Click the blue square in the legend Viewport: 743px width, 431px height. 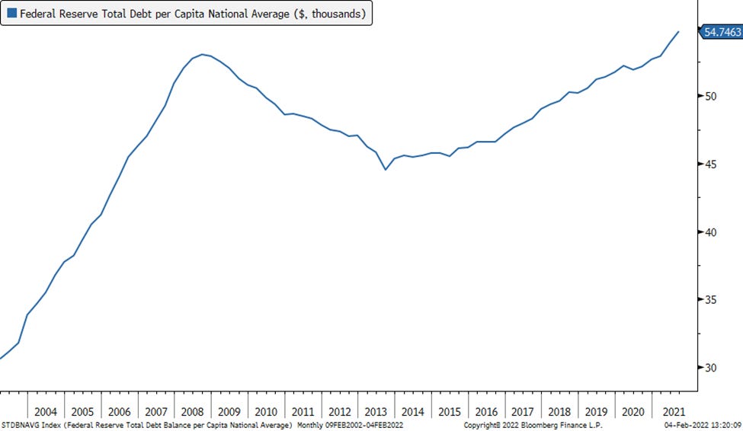(x=11, y=13)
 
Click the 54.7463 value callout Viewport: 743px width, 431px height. (x=721, y=31)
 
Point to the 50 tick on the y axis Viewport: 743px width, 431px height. (x=710, y=97)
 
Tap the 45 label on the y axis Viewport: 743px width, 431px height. (x=710, y=164)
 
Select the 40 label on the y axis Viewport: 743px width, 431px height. (x=710, y=232)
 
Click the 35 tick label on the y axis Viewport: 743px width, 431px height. (x=710, y=300)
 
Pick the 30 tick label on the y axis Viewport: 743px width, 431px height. (x=710, y=368)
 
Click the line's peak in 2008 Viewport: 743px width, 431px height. (x=202, y=54)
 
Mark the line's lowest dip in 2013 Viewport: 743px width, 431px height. (x=386, y=169)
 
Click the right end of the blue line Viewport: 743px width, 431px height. (x=679, y=32)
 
